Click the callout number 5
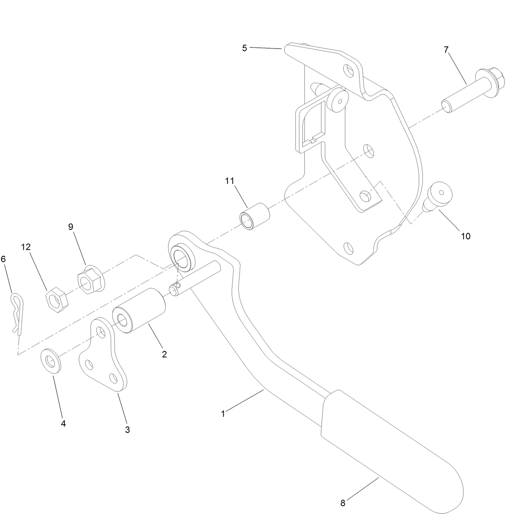point(244,48)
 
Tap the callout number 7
point(446,50)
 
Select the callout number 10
point(465,236)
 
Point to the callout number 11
point(229,181)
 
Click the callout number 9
point(71,227)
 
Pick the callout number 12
point(26,247)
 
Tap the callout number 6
point(4,259)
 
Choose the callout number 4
point(63,423)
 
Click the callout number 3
point(127,430)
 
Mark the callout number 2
point(164,355)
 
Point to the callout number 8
point(342,503)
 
